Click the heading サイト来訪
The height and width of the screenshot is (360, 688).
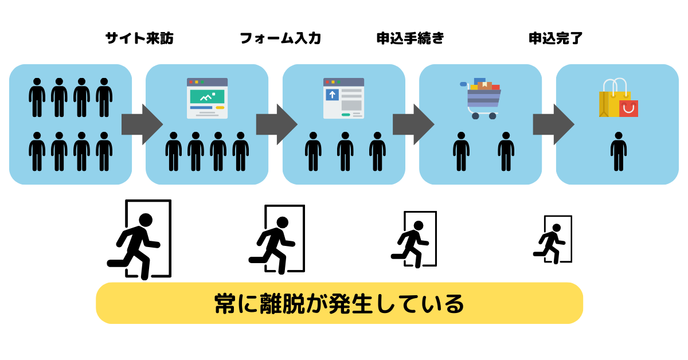[139, 38]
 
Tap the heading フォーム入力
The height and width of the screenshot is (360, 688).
[280, 38]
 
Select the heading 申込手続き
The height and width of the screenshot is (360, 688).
[411, 38]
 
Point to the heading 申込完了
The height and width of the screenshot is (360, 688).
[556, 38]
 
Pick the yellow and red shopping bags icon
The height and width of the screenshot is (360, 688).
[618, 98]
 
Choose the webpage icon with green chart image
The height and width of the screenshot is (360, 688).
[207, 98]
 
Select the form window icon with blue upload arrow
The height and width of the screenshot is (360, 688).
[343, 98]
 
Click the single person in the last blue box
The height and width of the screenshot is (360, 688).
[618, 151]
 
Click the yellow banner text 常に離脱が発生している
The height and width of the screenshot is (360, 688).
[339, 303]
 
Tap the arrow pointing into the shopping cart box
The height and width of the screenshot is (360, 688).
[413, 124]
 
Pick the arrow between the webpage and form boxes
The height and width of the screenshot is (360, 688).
[276, 124]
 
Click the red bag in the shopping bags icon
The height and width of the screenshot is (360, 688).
[628, 108]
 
